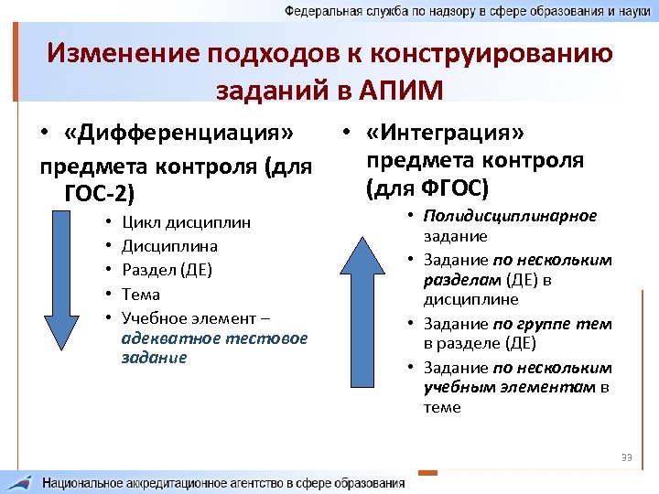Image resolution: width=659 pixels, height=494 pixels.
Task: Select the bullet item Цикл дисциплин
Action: pyautogui.click(x=186, y=222)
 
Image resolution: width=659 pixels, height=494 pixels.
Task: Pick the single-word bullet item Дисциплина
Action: pyautogui.click(x=169, y=246)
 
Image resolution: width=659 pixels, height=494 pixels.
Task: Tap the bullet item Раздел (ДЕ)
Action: pyautogui.click(x=167, y=270)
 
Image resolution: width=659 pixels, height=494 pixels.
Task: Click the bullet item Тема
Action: pyautogui.click(x=140, y=295)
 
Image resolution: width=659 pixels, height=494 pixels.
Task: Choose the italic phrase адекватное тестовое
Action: pyautogui.click(x=214, y=338)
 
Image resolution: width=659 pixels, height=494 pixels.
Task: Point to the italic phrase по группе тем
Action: pyautogui.click(x=552, y=324)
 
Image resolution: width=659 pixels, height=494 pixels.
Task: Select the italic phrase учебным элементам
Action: pyautogui.click(x=509, y=387)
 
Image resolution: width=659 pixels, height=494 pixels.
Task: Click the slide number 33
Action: pyautogui.click(x=627, y=457)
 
